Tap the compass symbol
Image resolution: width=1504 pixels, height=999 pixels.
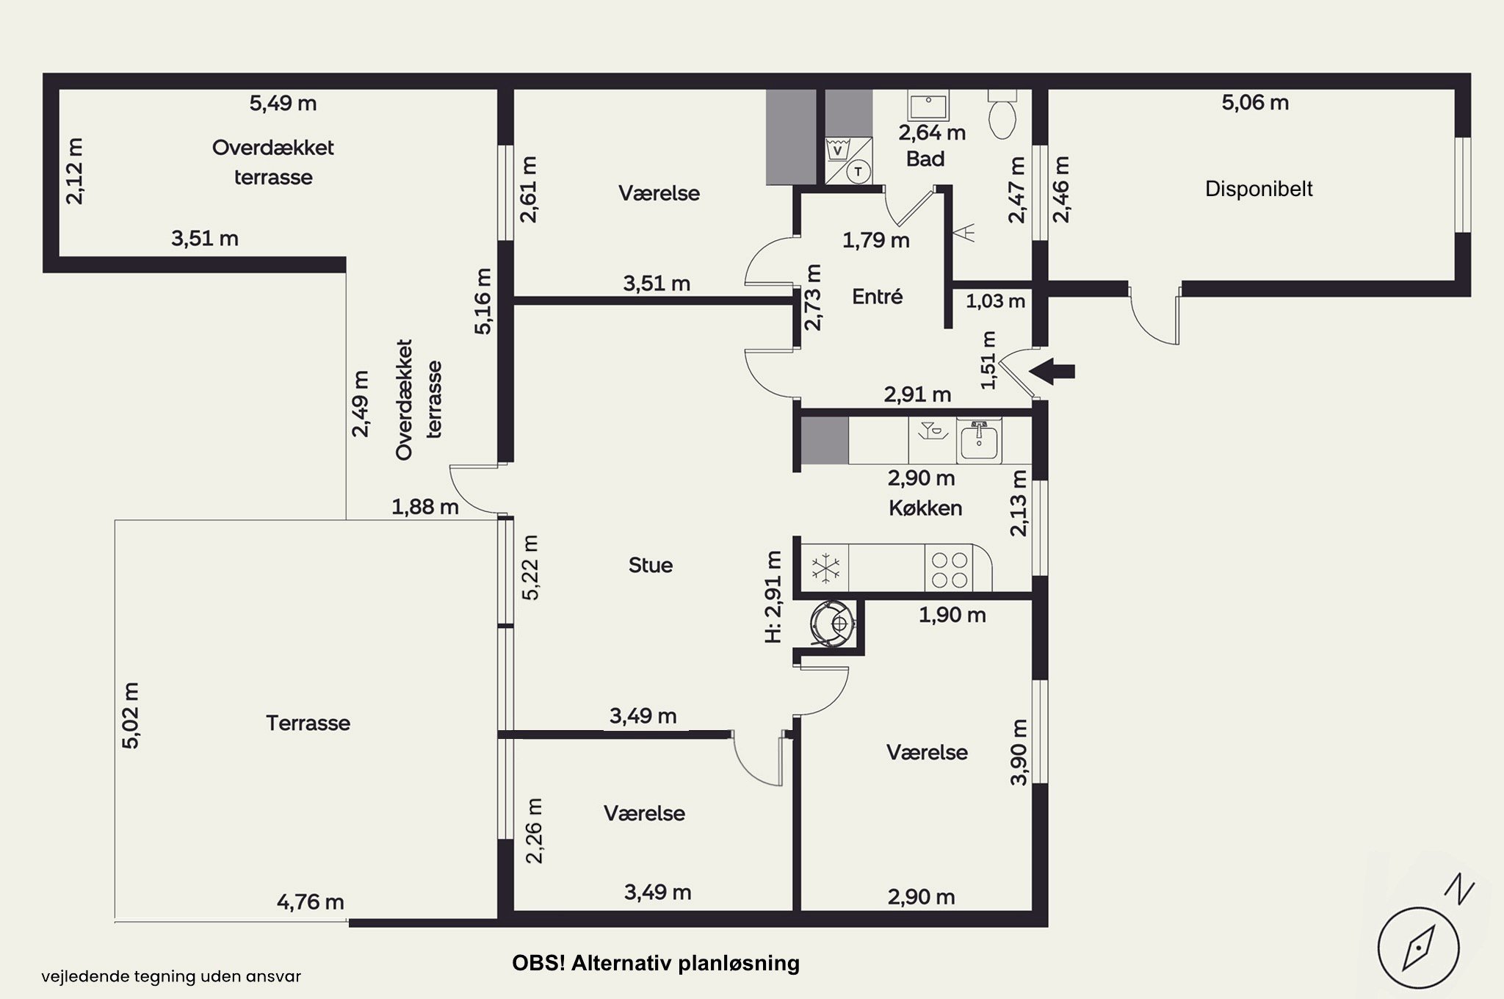coord(1417,948)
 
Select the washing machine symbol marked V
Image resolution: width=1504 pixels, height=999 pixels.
coord(837,150)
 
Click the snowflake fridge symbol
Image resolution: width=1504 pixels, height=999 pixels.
coord(825,568)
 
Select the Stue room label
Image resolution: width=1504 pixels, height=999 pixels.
coord(651,565)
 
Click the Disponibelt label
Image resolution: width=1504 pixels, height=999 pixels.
coord(1259,189)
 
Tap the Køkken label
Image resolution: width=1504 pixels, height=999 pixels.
coord(925,508)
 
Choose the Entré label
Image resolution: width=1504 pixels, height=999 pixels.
coord(877,297)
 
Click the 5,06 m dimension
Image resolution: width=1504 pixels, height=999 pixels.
coord(1255,103)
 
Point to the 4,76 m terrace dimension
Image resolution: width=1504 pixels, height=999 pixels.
coord(310,901)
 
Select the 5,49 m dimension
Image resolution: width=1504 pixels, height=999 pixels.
coord(283,104)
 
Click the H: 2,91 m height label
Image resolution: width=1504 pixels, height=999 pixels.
coord(773,596)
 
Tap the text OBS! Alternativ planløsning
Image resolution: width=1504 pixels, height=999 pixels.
coord(656,963)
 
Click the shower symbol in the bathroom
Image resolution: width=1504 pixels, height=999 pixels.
coord(964,233)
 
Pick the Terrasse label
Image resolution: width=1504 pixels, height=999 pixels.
coord(308,723)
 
